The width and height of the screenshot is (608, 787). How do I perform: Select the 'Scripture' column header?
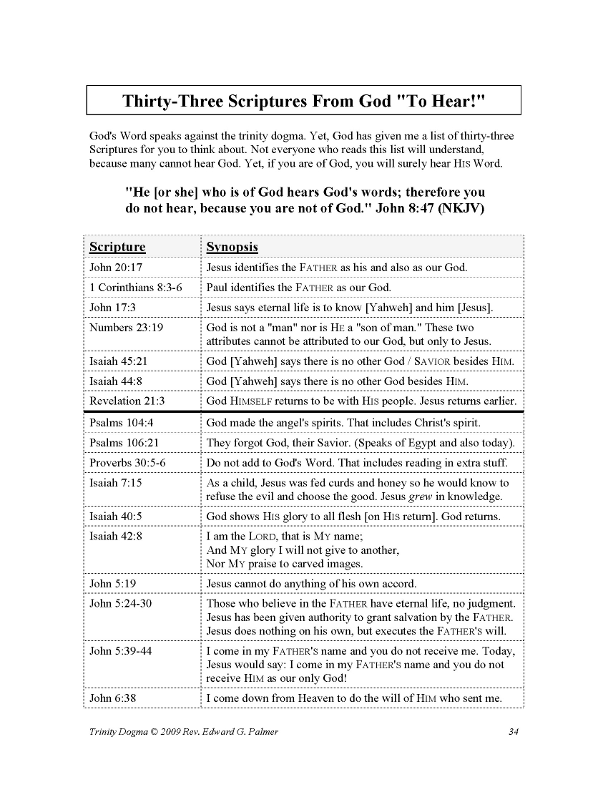pyautogui.click(x=117, y=247)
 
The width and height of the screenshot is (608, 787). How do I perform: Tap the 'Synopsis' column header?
pyautogui.click(x=232, y=247)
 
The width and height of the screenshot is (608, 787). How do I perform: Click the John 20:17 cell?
pyautogui.click(x=116, y=268)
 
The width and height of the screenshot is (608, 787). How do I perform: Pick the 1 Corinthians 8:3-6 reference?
pyautogui.click(x=136, y=288)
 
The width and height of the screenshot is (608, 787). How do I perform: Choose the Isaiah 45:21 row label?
pyautogui.click(x=119, y=361)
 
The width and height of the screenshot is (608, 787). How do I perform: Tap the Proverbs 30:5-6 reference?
pyautogui.click(x=127, y=462)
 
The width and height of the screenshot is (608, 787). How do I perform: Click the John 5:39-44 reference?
pyautogui.click(x=120, y=651)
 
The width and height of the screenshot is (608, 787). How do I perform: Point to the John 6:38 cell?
pyautogui.click(x=112, y=698)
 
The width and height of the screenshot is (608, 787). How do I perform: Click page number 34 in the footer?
pyautogui.click(x=513, y=731)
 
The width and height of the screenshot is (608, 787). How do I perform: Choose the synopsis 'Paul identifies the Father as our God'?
pyautogui.click(x=299, y=288)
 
